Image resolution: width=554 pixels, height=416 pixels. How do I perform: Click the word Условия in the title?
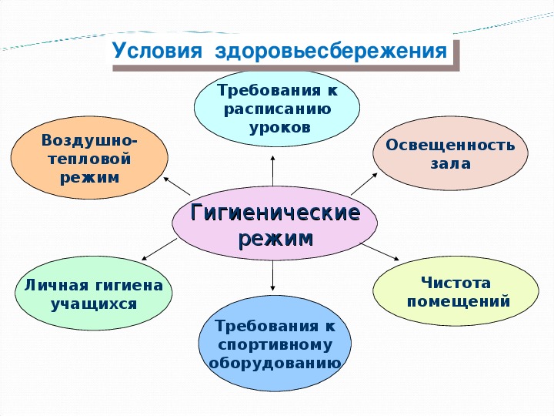coord(157,51)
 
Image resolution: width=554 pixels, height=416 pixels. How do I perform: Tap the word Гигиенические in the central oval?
coord(275,213)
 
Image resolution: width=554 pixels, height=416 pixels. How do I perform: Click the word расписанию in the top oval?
coord(277,109)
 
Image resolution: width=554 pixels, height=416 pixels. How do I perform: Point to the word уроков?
coord(280,127)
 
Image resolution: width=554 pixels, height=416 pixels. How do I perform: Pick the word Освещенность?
coord(450,145)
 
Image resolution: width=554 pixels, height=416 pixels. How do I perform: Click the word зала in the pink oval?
coord(450,164)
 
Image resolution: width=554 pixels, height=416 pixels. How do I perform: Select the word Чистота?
coord(456,283)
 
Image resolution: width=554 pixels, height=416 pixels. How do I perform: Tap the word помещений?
coord(459,302)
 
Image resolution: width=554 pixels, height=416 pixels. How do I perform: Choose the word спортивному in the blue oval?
coord(275,345)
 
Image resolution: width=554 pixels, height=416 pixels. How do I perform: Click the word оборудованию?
coord(275,364)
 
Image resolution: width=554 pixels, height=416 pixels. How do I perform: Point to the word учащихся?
coord(94,304)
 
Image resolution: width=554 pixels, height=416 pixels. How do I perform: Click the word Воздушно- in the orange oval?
coord(89,140)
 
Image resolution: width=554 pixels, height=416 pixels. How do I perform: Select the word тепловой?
coord(89,159)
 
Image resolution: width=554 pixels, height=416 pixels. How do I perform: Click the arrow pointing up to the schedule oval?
coord(272,170)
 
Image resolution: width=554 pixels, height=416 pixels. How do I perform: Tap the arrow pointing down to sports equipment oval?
coord(272,276)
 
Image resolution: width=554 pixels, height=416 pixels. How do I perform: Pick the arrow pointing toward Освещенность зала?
coord(364,184)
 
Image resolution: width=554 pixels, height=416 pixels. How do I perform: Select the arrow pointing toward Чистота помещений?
coord(380,252)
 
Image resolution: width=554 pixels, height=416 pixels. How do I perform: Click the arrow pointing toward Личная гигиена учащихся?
coord(159,250)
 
